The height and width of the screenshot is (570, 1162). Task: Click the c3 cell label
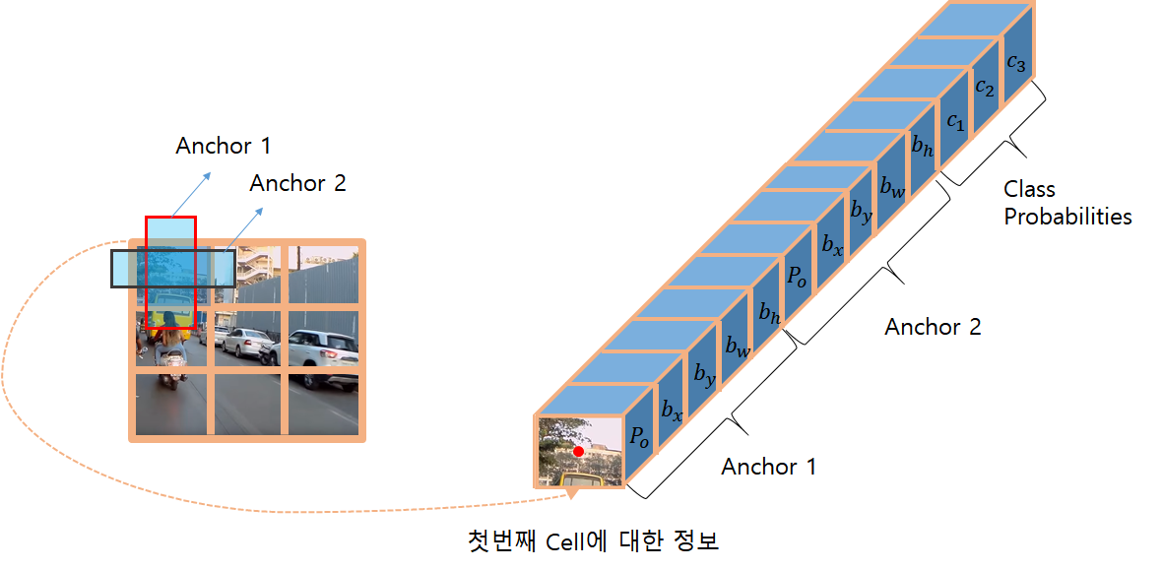[1016, 63]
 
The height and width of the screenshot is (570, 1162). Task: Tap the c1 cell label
[954, 122]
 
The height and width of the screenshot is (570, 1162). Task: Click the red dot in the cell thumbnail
[578, 451]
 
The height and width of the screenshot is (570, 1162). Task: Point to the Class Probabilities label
[1067, 203]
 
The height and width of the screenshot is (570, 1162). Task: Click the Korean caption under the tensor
[592, 540]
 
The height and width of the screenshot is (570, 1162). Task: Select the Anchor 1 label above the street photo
[223, 146]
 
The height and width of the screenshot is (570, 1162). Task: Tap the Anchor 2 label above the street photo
[297, 183]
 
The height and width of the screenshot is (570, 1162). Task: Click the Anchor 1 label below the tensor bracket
[768, 467]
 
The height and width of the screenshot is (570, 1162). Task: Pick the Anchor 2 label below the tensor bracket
[933, 327]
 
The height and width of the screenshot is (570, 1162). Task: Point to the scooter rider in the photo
[168, 350]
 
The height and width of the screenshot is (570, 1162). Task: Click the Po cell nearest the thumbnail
[640, 437]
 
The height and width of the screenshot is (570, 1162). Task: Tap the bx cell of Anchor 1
[672, 408]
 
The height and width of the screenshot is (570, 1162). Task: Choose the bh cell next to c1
[923, 149]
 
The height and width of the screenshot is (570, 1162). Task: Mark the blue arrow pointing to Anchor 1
[192, 192]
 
